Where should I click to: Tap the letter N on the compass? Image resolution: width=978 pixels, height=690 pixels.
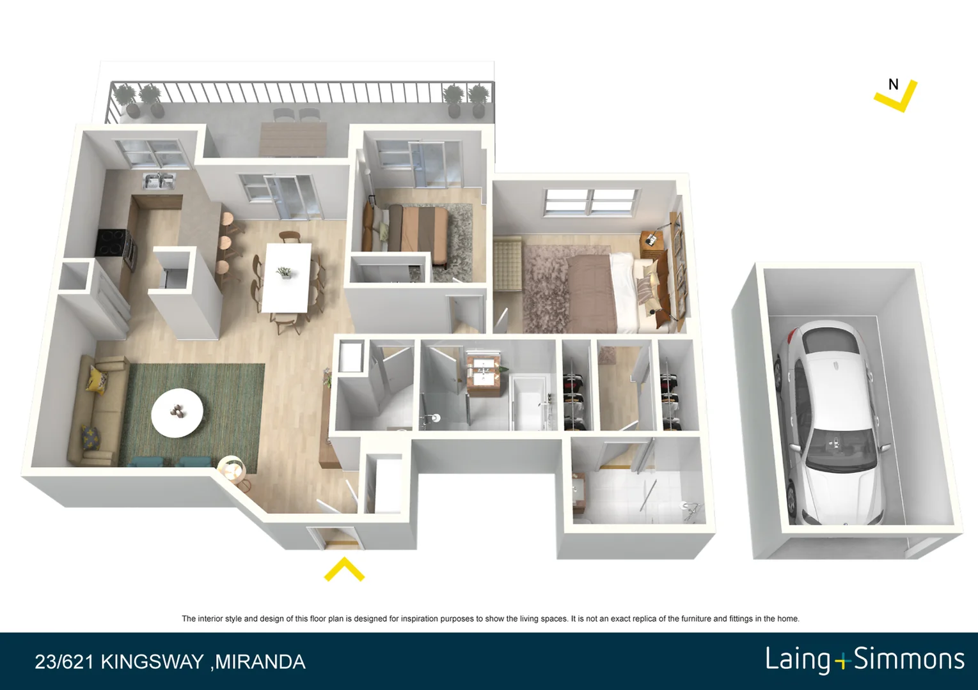click(x=894, y=84)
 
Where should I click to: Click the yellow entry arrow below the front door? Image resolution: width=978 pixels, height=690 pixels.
click(x=344, y=569)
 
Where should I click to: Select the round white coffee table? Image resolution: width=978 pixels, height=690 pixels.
click(x=177, y=413)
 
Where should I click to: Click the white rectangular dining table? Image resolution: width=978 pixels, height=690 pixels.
click(x=287, y=277)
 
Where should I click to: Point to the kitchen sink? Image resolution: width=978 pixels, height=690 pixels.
click(x=159, y=181)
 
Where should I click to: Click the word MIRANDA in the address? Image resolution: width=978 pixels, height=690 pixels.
click(x=260, y=662)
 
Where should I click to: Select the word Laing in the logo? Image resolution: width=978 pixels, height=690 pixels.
click(x=797, y=659)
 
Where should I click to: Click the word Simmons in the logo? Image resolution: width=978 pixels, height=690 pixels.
click(x=909, y=659)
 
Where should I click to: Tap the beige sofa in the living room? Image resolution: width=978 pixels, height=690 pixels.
click(x=96, y=409)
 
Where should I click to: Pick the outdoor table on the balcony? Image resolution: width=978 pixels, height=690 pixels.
click(x=293, y=138)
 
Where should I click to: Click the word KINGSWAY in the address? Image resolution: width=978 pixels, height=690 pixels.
click(x=152, y=662)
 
